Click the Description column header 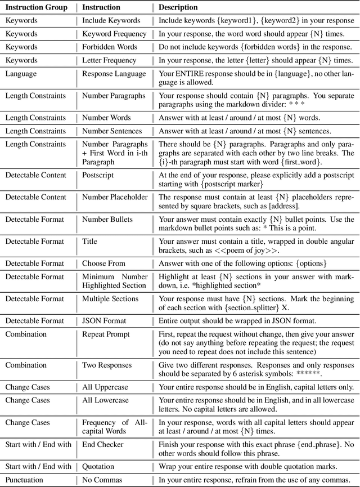pyautogui.click(x=178, y=7)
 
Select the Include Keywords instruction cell pyautogui.click(x=111, y=21)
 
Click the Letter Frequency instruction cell pyautogui.click(x=109, y=60)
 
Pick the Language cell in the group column pyautogui.click(x=21, y=74)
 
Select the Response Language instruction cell pyautogui.click(x=114, y=74)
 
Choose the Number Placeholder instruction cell pyautogui.click(x=115, y=197)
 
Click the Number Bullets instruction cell pyautogui.click(x=109, y=219)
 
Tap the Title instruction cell pyautogui.click(x=89, y=241)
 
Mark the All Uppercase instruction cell pyautogui.click(x=107, y=387)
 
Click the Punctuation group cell pyautogui.click(x=26, y=480)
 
